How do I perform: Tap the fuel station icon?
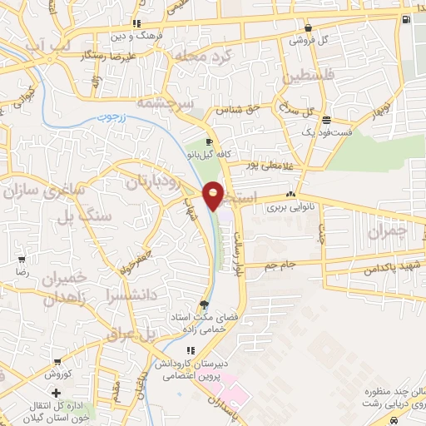click(x=405, y=19)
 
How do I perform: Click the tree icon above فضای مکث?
click(x=204, y=304)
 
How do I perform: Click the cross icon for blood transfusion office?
click(x=56, y=392)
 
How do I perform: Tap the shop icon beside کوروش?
click(x=57, y=363)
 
